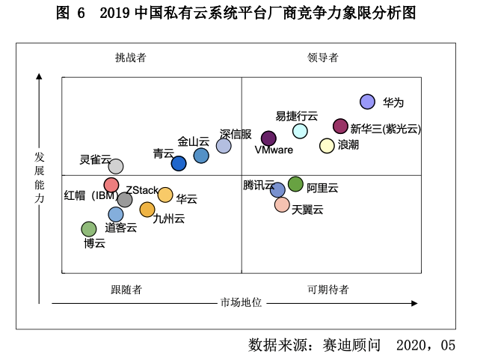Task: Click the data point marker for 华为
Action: [x=367, y=102]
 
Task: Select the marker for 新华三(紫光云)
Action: [x=340, y=126]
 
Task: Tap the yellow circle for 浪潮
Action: [x=327, y=146]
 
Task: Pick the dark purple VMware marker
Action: [x=268, y=138]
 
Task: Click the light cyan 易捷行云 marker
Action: [x=300, y=131]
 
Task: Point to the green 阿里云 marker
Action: [x=295, y=184]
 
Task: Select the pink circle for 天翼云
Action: [x=282, y=204]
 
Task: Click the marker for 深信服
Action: [x=224, y=146]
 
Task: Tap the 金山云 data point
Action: [x=201, y=156]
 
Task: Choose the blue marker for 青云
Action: [x=179, y=163]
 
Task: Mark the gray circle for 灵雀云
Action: [x=116, y=166]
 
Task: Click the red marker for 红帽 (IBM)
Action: [x=111, y=185]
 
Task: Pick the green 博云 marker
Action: [x=89, y=229]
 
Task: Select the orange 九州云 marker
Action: [x=147, y=210]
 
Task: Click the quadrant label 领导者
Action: [x=323, y=58]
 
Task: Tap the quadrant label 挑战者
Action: [x=131, y=58]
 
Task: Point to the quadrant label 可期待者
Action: [x=328, y=290]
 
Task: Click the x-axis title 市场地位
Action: [x=241, y=302]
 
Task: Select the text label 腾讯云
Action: [x=259, y=185]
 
